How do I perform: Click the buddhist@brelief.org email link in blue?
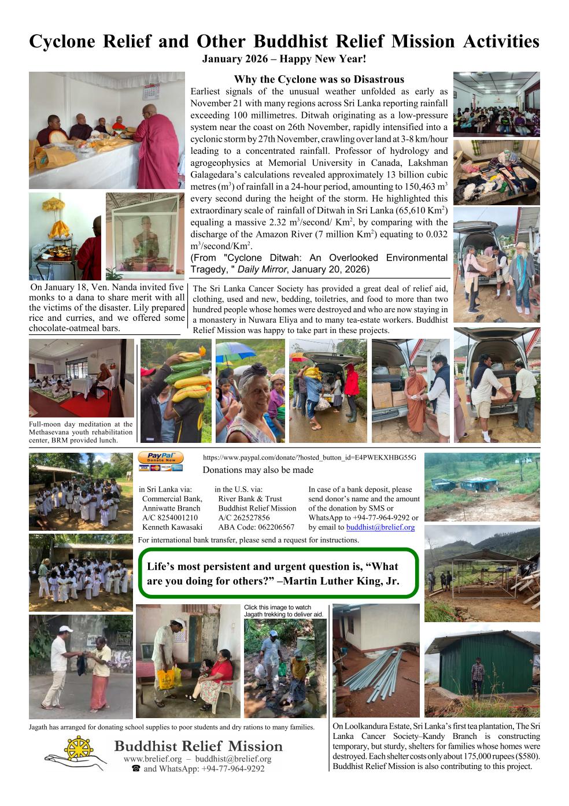(380, 527)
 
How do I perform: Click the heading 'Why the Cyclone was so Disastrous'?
(319, 79)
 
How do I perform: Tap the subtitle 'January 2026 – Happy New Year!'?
(284, 59)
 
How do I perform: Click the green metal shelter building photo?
(482, 674)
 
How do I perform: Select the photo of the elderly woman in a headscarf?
(250, 391)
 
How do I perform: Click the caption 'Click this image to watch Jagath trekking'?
(278, 611)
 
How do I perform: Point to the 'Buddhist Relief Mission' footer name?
(198, 746)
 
